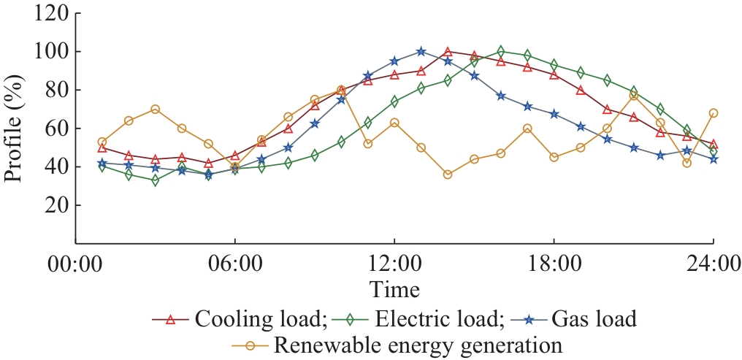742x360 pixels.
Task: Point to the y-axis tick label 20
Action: pos(56,206)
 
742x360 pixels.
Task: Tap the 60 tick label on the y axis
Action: pos(56,129)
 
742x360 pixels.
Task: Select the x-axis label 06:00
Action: pos(234,263)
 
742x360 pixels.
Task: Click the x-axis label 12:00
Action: pos(394,263)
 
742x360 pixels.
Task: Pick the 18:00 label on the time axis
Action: pos(554,263)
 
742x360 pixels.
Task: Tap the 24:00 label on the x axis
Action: pos(713,263)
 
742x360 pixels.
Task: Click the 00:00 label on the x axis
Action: pos(76,263)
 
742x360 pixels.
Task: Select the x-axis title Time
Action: pos(394,289)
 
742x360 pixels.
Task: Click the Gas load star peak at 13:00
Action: pos(421,51)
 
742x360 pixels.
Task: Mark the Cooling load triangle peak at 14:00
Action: pos(448,51)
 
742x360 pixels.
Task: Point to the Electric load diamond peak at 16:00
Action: pos(501,51)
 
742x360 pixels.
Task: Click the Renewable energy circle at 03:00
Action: pos(156,109)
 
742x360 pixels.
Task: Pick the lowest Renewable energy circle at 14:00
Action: pos(448,175)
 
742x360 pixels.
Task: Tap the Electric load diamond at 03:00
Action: pos(156,180)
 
